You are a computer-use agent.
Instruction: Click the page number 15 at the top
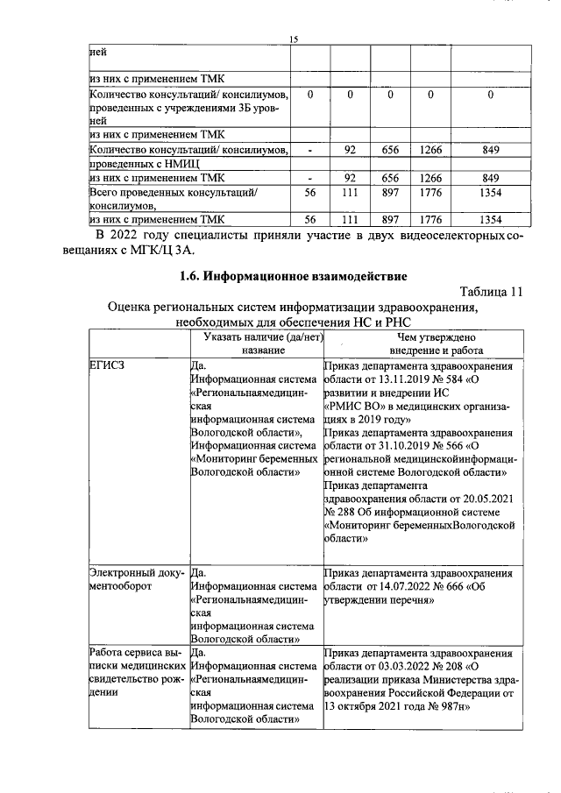click(x=294, y=38)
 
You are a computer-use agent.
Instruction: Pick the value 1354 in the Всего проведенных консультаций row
click(x=491, y=192)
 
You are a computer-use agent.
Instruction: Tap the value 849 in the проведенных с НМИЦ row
click(x=491, y=151)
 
